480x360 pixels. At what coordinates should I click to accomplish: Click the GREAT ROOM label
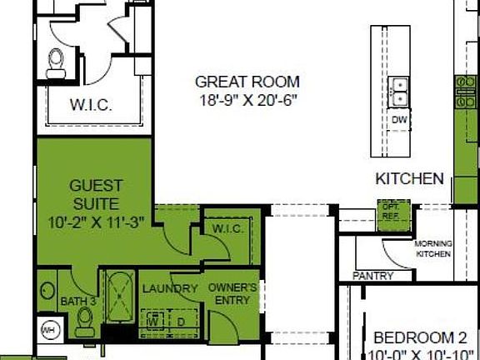coord(247,82)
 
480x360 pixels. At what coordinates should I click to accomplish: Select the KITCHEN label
coord(409,178)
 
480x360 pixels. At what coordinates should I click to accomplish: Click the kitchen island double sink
coord(398,91)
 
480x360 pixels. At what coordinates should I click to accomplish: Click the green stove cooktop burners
coord(462,91)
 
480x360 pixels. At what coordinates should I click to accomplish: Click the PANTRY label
coord(372,275)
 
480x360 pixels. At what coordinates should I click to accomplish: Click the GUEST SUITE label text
coord(95,194)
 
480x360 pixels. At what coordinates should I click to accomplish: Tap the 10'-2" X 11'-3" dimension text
coord(95,222)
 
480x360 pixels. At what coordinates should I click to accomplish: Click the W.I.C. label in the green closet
coord(227,229)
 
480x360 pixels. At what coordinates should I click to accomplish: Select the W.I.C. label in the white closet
coord(92,106)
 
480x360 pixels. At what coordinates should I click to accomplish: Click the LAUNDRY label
coord(169,289)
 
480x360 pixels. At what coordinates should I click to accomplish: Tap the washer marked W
coord(154,318)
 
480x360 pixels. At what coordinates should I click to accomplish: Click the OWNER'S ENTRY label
coord(231,293)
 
